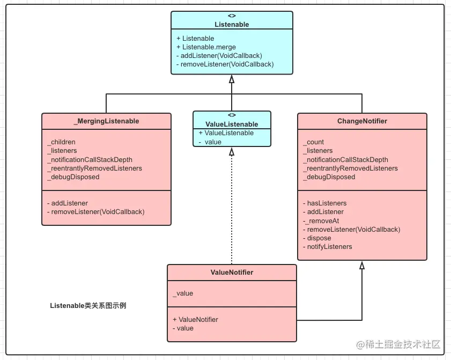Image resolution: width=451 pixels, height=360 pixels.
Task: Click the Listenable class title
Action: [x=232, y=24]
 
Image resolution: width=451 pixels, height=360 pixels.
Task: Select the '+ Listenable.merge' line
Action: [x=205, y=47]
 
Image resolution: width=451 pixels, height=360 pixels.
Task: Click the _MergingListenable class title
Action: [x=106, y=121]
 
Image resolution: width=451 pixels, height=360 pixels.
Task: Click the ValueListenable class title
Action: [x=232, y=124]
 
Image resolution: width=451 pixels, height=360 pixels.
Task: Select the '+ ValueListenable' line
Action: [x=226, y=133]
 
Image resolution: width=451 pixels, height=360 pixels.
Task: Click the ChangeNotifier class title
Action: [x=362, y=121]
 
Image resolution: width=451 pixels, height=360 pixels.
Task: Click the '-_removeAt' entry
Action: [x=321, y=221]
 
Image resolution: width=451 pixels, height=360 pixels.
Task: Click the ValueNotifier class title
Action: [x=232, y=273]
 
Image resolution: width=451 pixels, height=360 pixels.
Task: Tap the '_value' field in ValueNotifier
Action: [x=183, y=293]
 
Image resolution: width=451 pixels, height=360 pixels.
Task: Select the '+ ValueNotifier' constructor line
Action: [x=195, y=319]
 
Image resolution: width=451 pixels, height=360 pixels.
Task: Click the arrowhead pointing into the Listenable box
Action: [x=232, y=79]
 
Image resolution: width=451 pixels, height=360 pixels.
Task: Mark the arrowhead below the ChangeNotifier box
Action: [x=362, y=265]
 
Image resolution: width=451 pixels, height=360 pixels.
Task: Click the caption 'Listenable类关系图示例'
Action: [x=88, y=306]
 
